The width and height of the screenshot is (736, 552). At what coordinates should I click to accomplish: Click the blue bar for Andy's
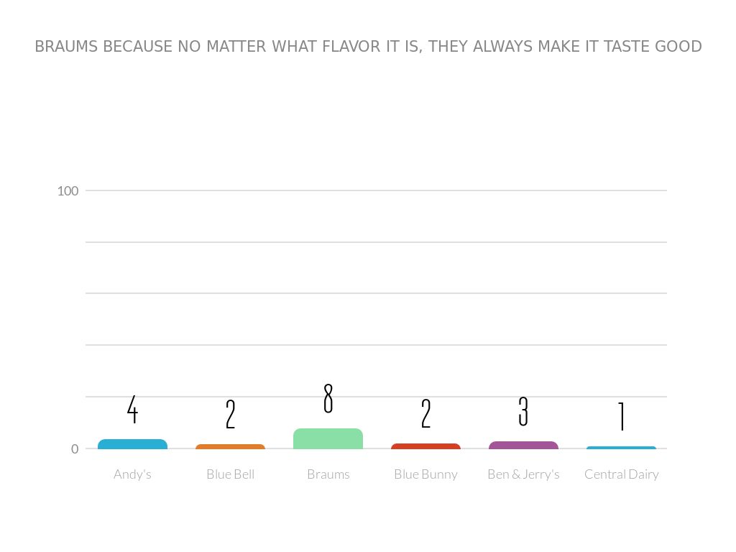(132, 444)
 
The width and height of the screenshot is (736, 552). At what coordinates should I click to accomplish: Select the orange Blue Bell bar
(230, 447)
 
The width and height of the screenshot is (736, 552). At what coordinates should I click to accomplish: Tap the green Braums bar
(328, 438)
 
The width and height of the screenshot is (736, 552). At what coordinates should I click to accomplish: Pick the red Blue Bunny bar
(425, 446)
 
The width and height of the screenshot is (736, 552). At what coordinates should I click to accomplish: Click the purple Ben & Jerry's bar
(523, 446)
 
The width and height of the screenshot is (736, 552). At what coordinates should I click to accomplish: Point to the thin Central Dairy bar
(621, 448)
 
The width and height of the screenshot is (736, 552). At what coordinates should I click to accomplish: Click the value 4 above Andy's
(132, 409)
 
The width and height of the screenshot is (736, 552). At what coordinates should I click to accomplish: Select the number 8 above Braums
(328, 398)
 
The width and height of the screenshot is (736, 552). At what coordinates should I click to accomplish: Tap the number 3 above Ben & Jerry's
(523, 411)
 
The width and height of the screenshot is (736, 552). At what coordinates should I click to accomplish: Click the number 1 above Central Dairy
(621, 415)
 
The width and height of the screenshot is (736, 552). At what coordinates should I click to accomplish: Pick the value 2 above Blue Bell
(230, 414)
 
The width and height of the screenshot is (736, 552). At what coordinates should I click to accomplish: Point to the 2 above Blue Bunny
(425, 414)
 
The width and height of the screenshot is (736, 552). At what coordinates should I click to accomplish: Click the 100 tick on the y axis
(68, 190)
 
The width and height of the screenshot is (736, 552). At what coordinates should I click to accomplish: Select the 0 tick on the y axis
(74, 449)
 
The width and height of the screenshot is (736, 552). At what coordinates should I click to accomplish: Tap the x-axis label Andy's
(132, 474)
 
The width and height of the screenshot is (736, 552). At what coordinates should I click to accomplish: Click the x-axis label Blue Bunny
(425, 474)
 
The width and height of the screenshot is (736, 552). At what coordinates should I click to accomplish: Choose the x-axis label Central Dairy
(621, 474)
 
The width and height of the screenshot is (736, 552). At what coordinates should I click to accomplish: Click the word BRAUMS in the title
(67, 47)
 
